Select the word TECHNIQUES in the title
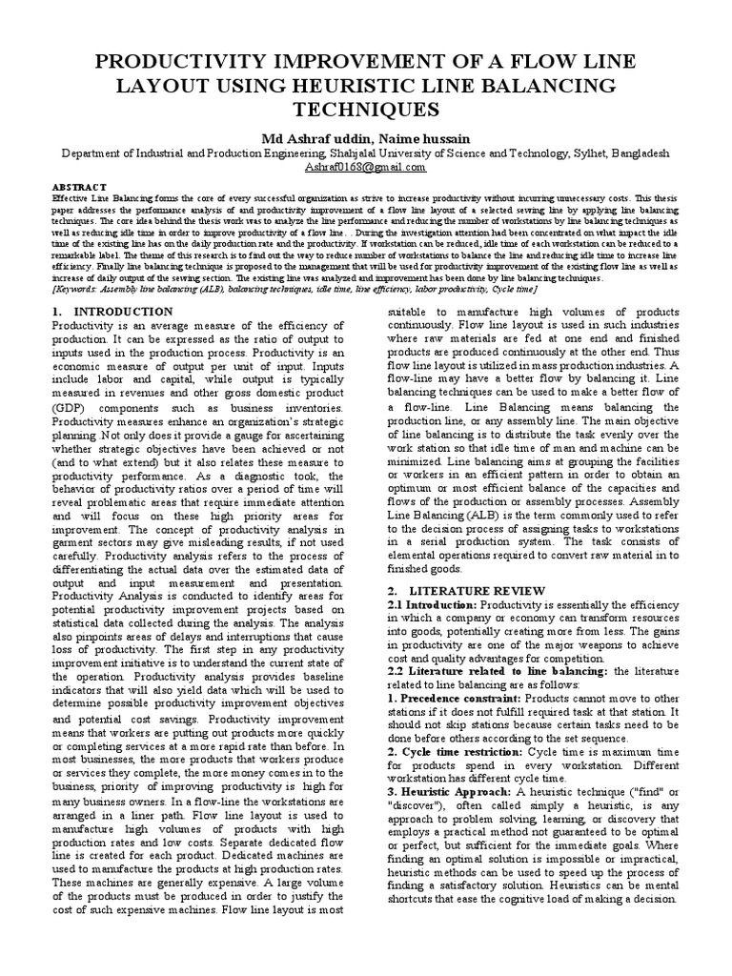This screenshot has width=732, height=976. [366, 110]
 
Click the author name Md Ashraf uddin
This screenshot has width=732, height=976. [316, 138]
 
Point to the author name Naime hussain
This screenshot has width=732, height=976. [424, 138]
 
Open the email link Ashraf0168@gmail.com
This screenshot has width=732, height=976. [365, 166]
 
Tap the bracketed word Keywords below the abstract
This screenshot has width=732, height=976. [81, 289]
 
